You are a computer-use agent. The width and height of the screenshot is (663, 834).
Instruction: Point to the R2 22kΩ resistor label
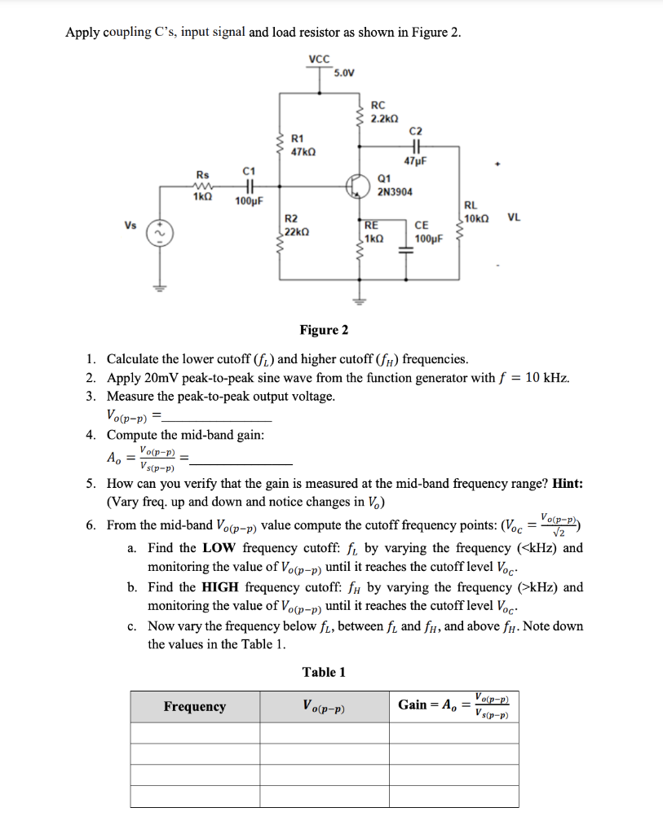pyautogui.click(x=295, y=226)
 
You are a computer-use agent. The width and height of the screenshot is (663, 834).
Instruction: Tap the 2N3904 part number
pyautogui.click(x=396, y=192)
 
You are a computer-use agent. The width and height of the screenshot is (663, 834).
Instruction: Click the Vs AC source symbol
pyautogui.click(x=157, y=234)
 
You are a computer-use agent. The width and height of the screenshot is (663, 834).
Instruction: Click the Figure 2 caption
pyautogui.click(x=324, y=330)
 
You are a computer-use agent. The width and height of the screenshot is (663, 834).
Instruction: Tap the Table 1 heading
pyautogui.click(x=324, y=672)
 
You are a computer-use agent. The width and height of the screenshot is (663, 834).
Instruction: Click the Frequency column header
pyautogui.click(x=195, y=706)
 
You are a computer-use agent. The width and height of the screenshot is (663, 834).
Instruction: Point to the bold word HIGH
pyautogui.click(x=224, y=586)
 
